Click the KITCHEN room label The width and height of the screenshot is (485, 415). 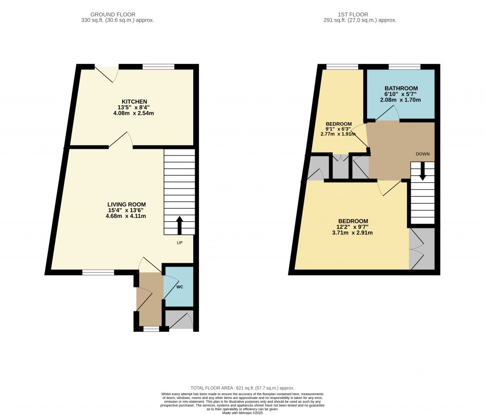tap(135, 102)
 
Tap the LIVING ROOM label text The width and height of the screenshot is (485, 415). tap(126, 205)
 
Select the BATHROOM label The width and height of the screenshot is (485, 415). tap(401, 88)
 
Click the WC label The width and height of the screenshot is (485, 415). tap(180, 287)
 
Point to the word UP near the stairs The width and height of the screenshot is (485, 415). tap(180, 242)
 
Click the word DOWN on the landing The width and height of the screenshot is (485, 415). tap(422, 155)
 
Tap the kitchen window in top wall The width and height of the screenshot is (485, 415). tap(158, 67)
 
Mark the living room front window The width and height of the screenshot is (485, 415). tap(98, 272)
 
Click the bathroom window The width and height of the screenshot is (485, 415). tap(404, 67)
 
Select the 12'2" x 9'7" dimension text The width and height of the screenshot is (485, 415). tap(353, 227)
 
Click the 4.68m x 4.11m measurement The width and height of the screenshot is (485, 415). tap(126, 216)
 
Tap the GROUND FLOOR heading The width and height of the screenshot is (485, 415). tap(117, 15)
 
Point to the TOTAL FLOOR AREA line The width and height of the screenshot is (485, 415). tap(242, 388)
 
